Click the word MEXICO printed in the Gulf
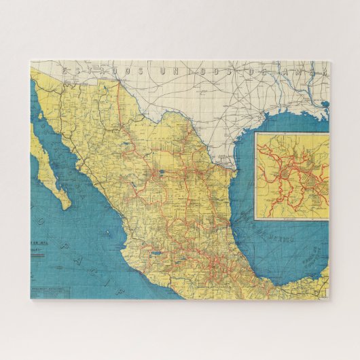[280, 238]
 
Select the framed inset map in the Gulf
[291, 176]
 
